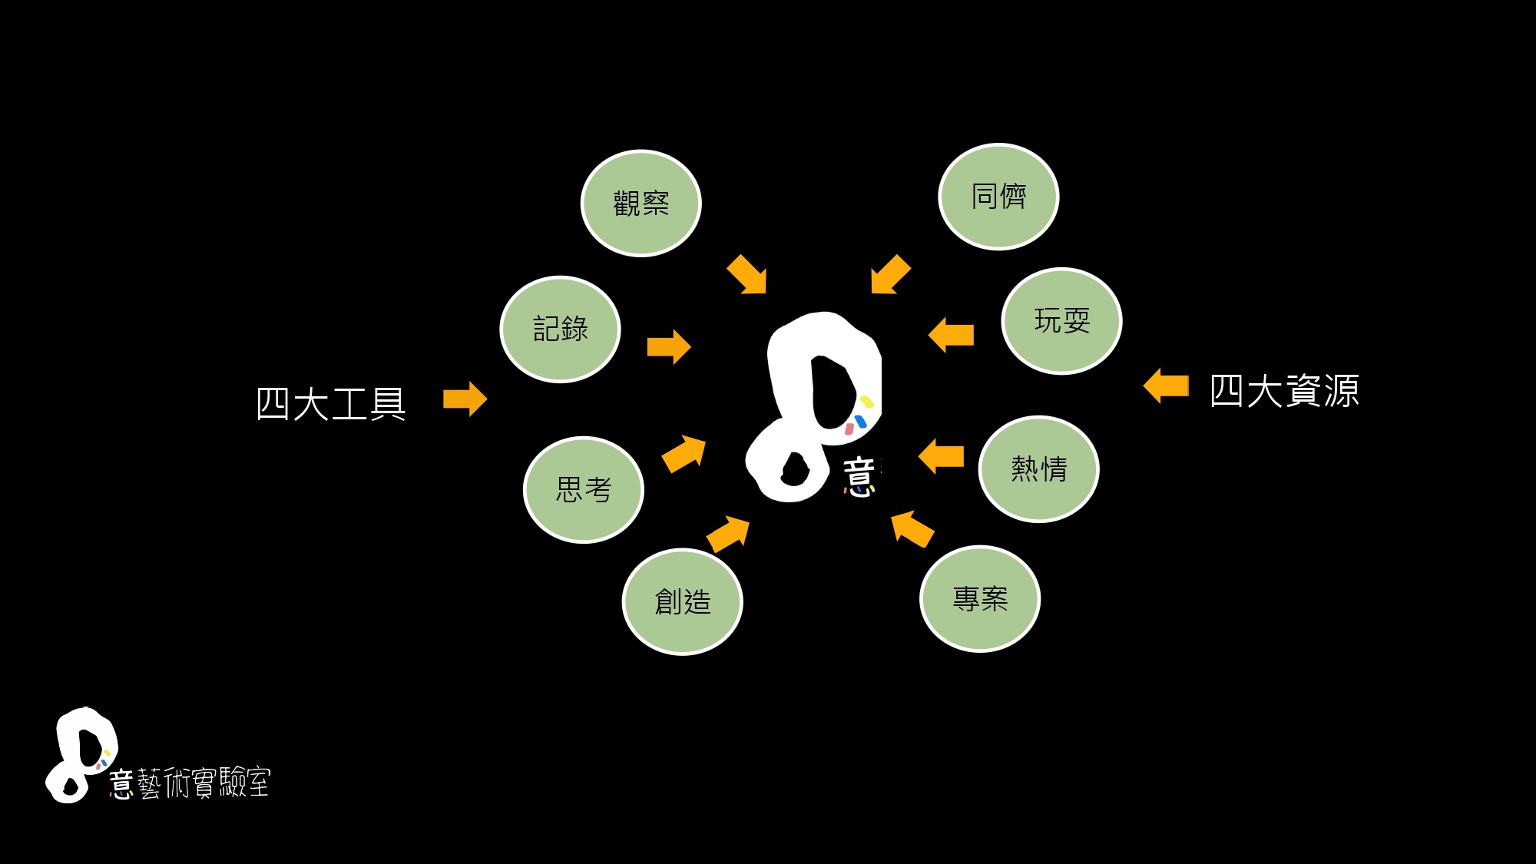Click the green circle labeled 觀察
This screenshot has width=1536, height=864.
point(641,204)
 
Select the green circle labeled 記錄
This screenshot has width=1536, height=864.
point(560,329)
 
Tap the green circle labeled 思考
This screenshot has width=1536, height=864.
point(583,490)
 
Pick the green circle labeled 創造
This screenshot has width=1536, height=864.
point(682,601)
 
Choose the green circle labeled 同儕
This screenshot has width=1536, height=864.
point(998,197)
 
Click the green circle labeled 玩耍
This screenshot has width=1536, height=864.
point(1061,321)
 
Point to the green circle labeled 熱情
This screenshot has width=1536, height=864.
point(1038,469)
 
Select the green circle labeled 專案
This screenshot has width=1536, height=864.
point(980,599)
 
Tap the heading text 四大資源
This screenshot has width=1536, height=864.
point(1284,391)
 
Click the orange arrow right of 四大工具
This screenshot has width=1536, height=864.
point(465,399)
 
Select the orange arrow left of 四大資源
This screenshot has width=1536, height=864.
point(1166,386)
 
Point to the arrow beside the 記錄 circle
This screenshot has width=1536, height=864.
point(669,347)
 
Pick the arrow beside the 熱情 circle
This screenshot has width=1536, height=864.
point(941,456)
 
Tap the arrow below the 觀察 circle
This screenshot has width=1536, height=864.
point(747,275)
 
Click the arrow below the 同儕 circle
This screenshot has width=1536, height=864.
point(890,275)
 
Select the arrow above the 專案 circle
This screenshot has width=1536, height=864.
point(912,528)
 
